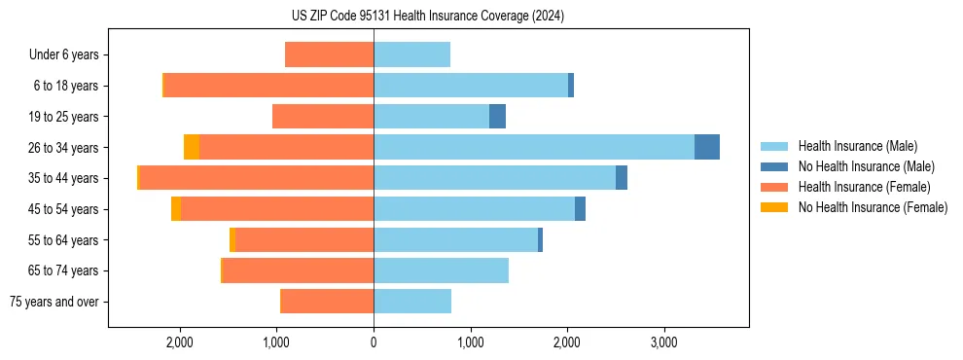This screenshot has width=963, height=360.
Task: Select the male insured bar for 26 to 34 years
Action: click(x=533, y=147)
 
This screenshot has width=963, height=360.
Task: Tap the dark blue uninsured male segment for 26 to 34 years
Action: click(x=707, y=147)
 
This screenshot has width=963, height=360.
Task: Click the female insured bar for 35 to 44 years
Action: click(x=257, y=178)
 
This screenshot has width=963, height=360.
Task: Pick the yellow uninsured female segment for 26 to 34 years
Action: click(x=192, y=147)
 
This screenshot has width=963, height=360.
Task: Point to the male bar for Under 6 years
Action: click(x=411, y=54)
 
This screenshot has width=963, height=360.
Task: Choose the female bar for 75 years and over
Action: click(x=327, y=302)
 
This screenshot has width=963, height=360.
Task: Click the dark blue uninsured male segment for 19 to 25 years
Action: click(x=497, y=117)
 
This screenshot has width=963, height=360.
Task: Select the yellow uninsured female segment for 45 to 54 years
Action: click(x=176, y=209)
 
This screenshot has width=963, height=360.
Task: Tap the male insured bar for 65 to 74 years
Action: click(x=441, y=270)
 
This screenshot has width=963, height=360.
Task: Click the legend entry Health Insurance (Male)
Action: click(x=857, y=146)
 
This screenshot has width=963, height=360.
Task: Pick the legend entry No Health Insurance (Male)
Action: click(x=866, y=166)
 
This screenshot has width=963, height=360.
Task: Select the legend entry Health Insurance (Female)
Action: click(x=864, y=187)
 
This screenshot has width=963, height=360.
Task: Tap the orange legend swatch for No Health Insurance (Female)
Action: click(x=775, y=207)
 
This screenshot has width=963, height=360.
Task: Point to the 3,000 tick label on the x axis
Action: click(x=663, y=342)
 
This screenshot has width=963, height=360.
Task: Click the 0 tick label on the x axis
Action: click(x=374, y=342)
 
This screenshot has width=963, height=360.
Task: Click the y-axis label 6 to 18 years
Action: click(x=66, y=86)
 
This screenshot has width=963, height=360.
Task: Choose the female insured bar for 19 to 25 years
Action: click(x=323, y=117)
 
